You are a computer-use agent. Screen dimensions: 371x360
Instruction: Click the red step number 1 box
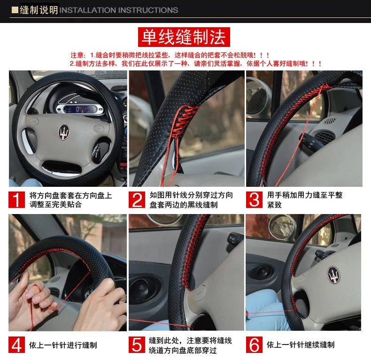pos(16,199)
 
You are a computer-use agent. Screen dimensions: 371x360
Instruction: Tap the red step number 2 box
pos(137,199)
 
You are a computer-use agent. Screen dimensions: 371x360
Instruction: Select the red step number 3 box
pos(254,199)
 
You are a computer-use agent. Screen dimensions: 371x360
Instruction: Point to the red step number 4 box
pos(16,345)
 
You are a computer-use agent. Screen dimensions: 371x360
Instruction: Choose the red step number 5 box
pos(137,345)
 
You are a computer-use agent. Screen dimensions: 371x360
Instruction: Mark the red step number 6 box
pos(254,345)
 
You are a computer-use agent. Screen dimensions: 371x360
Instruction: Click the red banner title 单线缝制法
pos(184,37)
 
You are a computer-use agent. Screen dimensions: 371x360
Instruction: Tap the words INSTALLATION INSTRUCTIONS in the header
pos(118,10)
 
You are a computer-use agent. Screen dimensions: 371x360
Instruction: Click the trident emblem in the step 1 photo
pos(64,132)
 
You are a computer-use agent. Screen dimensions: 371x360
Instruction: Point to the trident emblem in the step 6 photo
pos(333,275)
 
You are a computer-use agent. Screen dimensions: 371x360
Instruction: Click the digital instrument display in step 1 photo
pos(80,109)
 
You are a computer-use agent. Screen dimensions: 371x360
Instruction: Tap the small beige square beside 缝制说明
pos(15,10)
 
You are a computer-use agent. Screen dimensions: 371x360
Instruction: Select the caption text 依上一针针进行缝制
pos(63,345)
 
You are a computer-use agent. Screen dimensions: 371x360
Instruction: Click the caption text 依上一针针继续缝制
pos(301,345)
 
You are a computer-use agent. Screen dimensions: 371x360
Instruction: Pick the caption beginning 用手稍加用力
pos(305,199)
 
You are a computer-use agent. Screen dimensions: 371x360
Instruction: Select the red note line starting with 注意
pos(170,55)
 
